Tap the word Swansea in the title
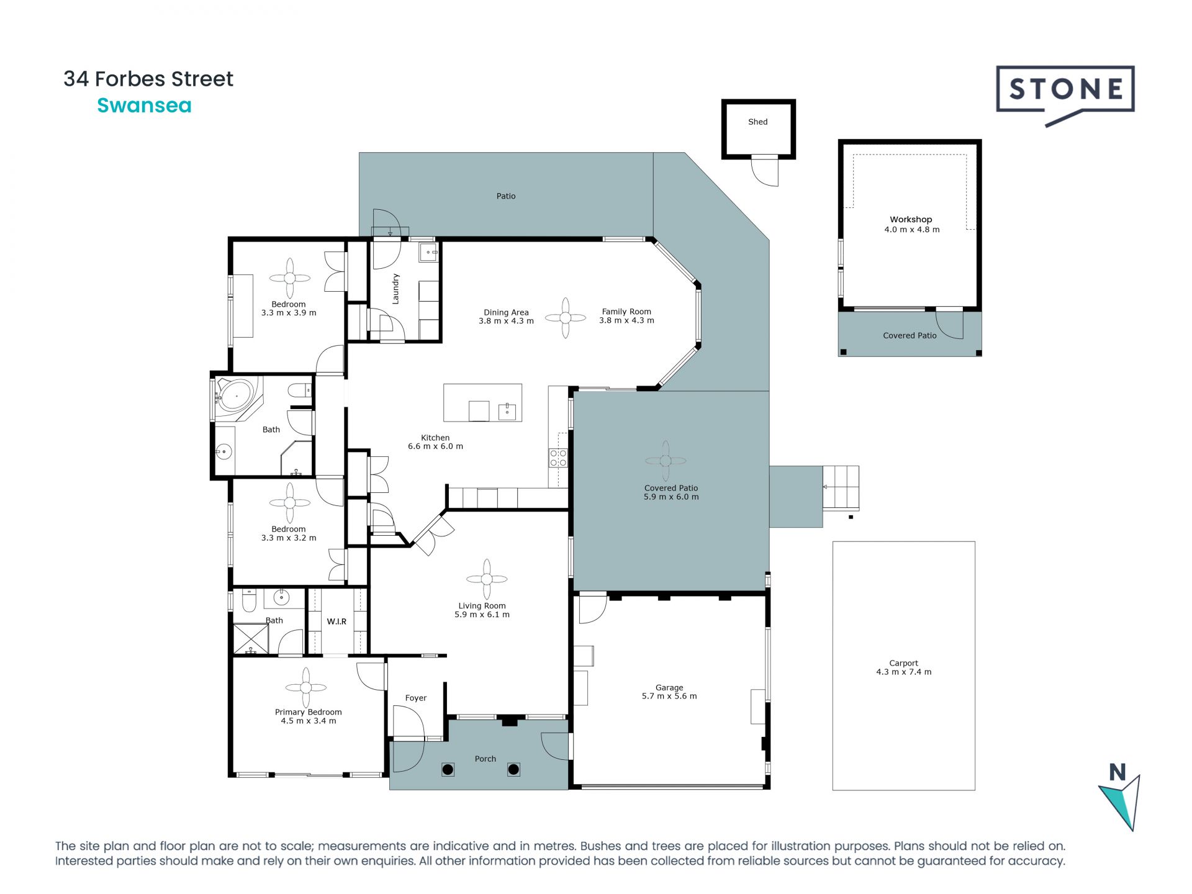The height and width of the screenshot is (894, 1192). pos(144,106)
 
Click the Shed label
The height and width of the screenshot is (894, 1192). pos(757,122)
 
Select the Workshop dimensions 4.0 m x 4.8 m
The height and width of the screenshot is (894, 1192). pos(911,230)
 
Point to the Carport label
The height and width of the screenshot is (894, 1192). pos(903,663)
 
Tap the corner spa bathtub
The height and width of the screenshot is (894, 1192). pos(236,395)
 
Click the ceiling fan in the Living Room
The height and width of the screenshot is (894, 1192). pos(487,579)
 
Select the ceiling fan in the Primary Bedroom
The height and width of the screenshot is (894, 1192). pos(306,687)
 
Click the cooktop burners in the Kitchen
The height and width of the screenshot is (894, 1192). pos(558,458)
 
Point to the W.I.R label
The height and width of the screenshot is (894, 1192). pos(336,621)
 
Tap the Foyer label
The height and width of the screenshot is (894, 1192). pos(416,698)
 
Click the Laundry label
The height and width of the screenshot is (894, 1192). pos(395,289)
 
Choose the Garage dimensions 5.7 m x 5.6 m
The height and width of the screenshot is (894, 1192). pos(669,697)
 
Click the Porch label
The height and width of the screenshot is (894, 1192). pos(485,759)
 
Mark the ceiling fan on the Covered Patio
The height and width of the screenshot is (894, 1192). pos(666,461)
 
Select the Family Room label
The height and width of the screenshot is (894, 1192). pos(626,312)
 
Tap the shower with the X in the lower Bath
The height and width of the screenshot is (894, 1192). pos(251,639)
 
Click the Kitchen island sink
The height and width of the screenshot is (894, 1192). pos(507,412)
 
